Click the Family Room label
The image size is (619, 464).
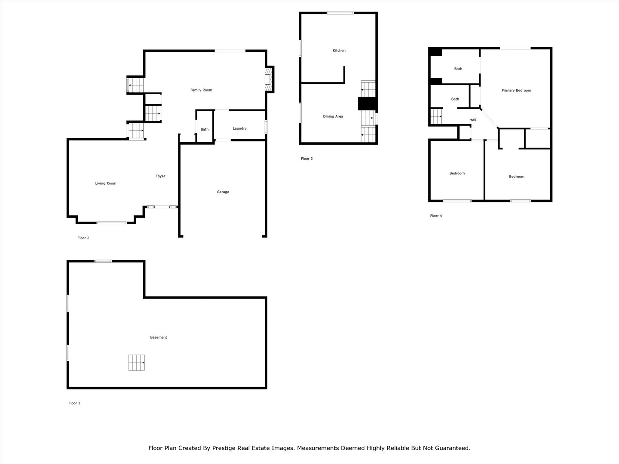pos(201,90)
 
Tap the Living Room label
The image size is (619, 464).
pos(106,183)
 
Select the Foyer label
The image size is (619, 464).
pos(160,176)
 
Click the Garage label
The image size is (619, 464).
pos(223,192)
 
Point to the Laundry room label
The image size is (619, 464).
pos(239,128)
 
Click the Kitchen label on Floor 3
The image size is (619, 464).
pos(339,51)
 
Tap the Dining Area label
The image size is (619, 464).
pos(333,116)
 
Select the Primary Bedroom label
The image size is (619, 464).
pos(516,91)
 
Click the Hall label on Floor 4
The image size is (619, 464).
pos(472,120)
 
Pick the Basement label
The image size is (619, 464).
pos(159,338)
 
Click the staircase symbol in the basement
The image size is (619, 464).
pos(137,363)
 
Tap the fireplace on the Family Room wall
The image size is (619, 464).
pos(269,80)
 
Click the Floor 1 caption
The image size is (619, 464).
pos(74,403)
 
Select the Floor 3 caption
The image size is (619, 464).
pos(307,159)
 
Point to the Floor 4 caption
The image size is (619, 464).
pos(436,216)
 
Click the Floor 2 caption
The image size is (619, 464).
pos(83,238)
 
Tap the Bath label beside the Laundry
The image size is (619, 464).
pos(205,129)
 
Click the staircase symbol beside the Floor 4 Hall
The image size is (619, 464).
pos(436,116)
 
